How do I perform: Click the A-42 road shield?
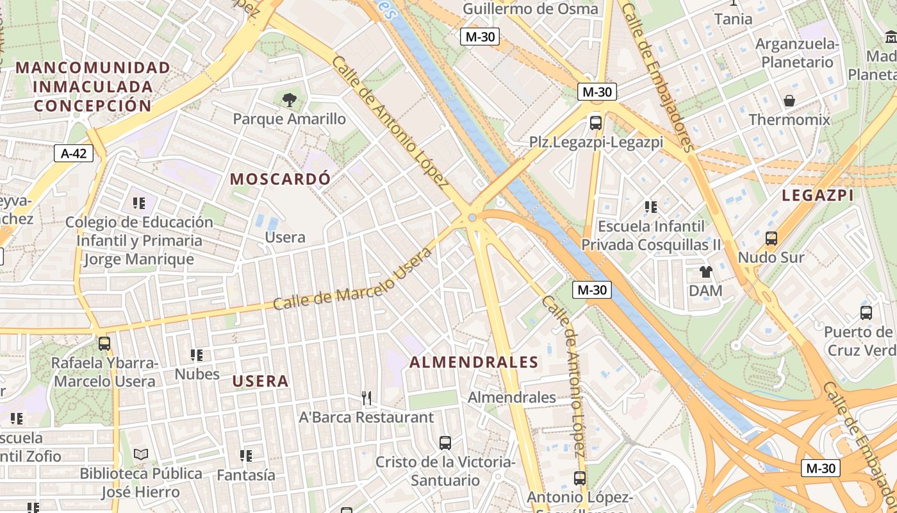click(74, 153)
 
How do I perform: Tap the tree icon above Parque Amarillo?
click(289, 99)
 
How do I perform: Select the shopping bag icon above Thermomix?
click(789, 101)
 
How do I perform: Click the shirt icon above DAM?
click(705, 272)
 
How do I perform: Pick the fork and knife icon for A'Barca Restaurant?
click(366, 398)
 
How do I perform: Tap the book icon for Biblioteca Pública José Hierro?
click(141, 455)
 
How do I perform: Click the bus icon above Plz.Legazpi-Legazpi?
click(595, 122)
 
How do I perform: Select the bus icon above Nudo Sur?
click(771, 239)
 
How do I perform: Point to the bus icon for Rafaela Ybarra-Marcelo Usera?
click(104, 344)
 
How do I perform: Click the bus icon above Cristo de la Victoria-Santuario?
click(445, 442)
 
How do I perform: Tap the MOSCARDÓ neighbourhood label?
click(281, 179)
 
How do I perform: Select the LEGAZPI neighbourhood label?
click(818, 196)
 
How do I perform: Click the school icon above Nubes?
click(196, 355)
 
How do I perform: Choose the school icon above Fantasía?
click(245, 456)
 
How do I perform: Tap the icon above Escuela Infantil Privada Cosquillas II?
click(650, 207)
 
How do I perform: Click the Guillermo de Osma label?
click(530, 9)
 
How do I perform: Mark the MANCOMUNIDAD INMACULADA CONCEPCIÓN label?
click(93, 87)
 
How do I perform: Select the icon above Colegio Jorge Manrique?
click(138, 203)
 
